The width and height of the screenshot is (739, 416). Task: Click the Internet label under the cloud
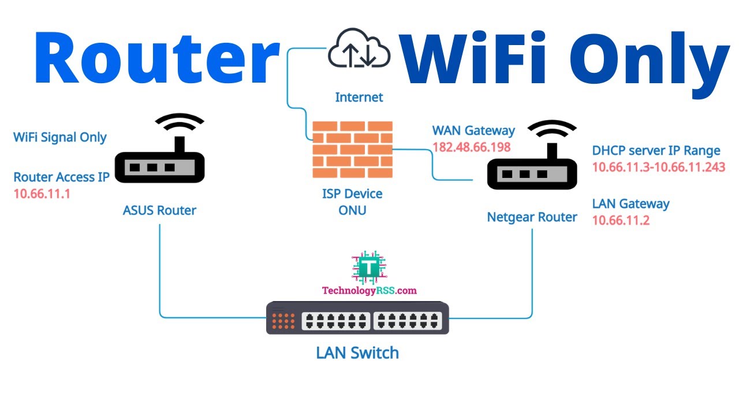click(359, 97)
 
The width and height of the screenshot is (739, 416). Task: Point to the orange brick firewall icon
click(352, 150)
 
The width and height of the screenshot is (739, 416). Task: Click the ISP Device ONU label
click(352, 202)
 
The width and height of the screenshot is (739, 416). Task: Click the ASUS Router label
click(159, 210)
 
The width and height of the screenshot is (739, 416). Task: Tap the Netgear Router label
click(532, 217)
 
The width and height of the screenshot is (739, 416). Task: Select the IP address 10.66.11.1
click(42, 194)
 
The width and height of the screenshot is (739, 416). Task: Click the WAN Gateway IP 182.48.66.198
click(472, 147)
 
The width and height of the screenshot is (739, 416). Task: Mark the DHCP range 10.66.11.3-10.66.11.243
click(658, 167)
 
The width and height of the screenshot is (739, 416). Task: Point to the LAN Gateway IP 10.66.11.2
click(621, 220)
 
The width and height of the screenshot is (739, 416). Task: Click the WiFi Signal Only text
click(60, 138)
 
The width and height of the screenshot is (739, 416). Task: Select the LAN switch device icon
click(357, 318)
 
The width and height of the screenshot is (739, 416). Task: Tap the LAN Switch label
click(357, 352)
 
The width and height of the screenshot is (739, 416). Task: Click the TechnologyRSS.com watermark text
click(369, 291)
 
